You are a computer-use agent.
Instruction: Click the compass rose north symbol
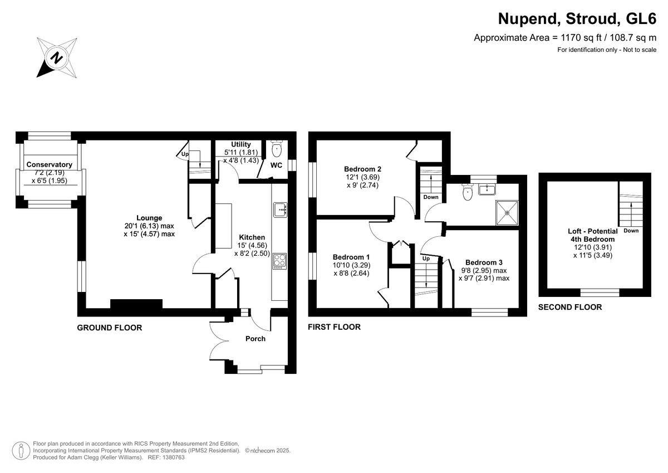(56, 57)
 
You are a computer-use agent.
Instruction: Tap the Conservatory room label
(50, 164)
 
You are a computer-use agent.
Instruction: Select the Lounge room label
(149, 218)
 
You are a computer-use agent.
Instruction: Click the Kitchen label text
(252, 237)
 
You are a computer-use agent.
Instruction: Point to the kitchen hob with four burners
(279, 261)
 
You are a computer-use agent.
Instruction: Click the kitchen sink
(279, 209)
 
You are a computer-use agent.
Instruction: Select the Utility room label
(241, 144)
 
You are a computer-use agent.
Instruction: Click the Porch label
(256, 339)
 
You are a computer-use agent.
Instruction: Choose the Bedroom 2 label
(362, 169)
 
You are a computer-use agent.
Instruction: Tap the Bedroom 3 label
(484, 262)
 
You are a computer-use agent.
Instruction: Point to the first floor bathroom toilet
(468, 192)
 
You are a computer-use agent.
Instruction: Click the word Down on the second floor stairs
(631, 231)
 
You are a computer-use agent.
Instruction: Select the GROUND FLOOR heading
(109, 328)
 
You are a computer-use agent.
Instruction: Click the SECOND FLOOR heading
(570, 307)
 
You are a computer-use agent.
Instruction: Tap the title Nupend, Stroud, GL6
(577, 19)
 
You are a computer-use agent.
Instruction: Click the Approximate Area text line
(565, 38)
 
